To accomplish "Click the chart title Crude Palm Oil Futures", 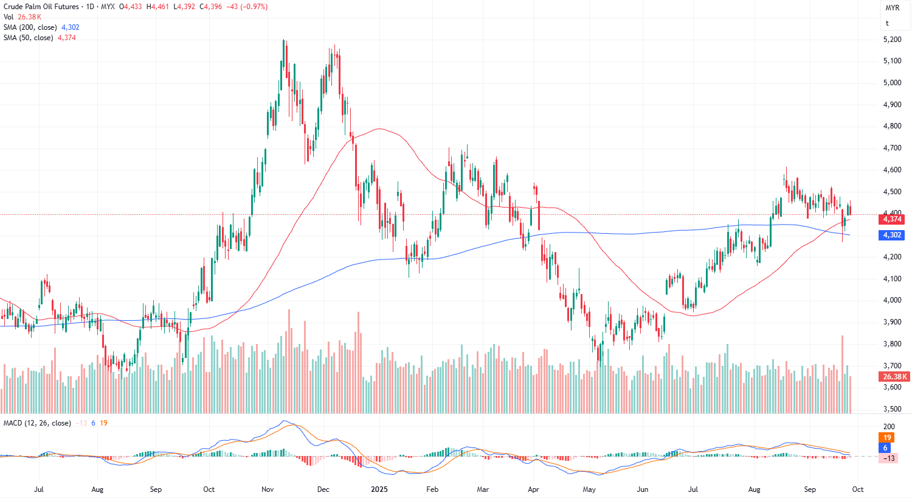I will [41, 7].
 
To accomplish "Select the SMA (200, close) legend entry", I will [30, 27].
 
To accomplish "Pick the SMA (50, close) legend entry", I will [28, 38].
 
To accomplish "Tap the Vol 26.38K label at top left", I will [22, 17].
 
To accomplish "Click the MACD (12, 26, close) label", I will [37, 423].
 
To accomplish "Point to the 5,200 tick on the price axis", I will [892, 40].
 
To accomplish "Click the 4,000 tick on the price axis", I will [892, 300].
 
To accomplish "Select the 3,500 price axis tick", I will [892, 409].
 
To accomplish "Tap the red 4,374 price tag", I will [892, 219].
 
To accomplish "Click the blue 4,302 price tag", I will [892, 235].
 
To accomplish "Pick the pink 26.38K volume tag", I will [895, 377].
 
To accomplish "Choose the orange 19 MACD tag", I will [887, 438].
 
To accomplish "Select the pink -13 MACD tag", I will [889, 458].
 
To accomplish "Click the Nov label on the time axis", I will [268, 489].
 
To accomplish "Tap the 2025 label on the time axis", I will [379, 489].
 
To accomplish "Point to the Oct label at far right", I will [857, 489].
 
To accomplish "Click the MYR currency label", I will [892, 8].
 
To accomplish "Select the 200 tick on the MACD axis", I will [889, 427].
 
